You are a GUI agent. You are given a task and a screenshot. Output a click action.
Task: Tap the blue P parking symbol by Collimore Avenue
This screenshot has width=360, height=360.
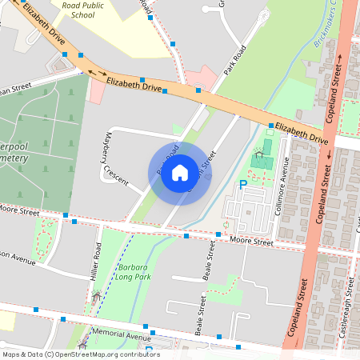pos(243,185)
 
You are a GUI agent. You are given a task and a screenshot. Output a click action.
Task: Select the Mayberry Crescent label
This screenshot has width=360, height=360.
pos(114,159)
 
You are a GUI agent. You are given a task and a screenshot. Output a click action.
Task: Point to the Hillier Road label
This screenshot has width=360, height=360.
pos(96,261)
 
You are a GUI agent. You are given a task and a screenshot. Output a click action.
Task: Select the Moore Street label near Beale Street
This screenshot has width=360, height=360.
pos(250,240)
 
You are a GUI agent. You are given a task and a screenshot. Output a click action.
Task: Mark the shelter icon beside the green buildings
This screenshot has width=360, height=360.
pos(258,154)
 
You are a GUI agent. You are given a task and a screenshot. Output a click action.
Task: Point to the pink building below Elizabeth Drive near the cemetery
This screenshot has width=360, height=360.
pos(95,90)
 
